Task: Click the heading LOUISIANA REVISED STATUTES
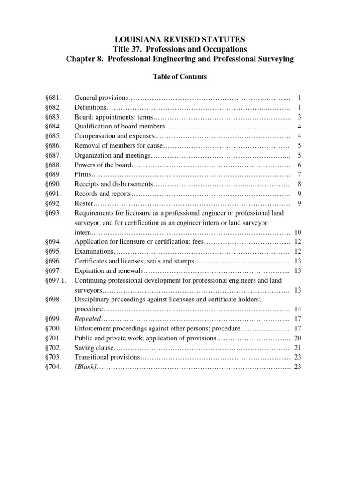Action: coord(180,39)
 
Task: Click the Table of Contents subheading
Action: coord(180,77)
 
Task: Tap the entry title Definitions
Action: coord(91,107)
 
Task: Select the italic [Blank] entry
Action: coord(86,367)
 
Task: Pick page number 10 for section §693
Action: coord(298,232)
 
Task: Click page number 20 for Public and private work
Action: coord(298,338)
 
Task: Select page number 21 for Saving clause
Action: coord(298,347)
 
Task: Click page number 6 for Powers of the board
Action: coord(299,165)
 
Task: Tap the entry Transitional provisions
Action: coord(107,357)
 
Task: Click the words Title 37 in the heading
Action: coord(127,49)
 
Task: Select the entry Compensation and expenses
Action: coord(114,136)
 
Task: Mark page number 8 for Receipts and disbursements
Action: coord(299,184)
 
